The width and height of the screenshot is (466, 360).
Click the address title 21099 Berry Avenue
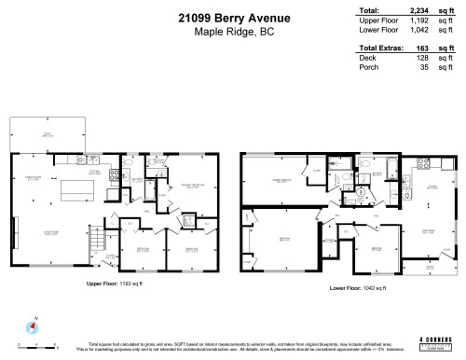[232, 16]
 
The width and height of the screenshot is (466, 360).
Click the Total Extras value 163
[418, 47]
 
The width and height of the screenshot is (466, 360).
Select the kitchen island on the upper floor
[73, 191]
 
